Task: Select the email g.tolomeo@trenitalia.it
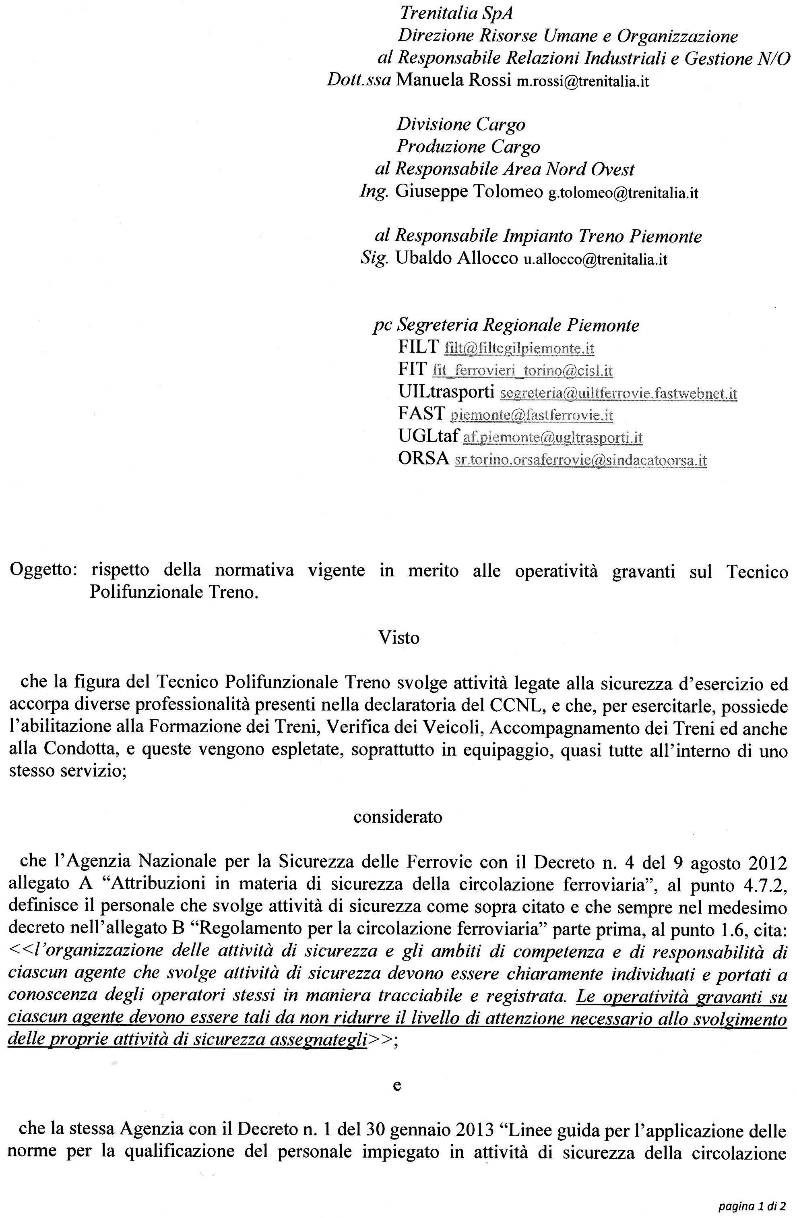pos(623,193)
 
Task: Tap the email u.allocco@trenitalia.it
pos(595,260)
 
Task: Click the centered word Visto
pos(398,638)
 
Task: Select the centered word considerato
pos(397,817)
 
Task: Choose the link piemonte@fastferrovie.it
pos(531,415)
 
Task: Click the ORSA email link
pos(580,460)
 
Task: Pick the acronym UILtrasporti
pos(446,392)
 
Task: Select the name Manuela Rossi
pos(454,80)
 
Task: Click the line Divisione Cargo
pos(461,124)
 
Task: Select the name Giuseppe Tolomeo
pos(469,192)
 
